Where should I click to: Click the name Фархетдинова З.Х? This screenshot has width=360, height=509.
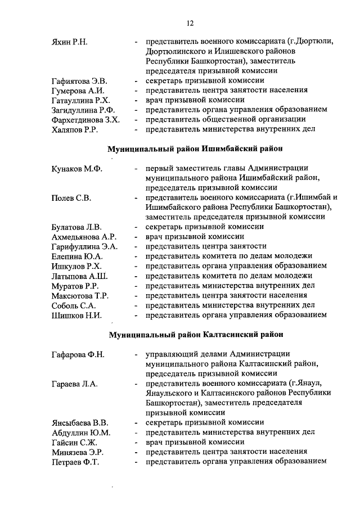coord(85,119)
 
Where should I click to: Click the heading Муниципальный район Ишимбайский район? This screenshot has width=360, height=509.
coord(195,149)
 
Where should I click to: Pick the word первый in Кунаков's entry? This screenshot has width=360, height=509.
coord(159,169)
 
